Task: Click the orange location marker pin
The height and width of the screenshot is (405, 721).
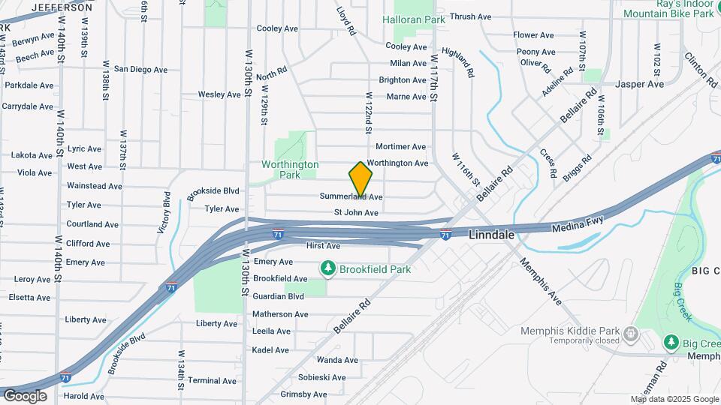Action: click(361, 179)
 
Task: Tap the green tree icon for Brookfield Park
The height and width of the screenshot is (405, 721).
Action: click(327, 268)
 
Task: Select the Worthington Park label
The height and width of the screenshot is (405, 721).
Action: click(290, 169)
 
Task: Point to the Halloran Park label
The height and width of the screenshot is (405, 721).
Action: click(414, 19)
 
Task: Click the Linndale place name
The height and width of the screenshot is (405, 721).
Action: click(491, 235)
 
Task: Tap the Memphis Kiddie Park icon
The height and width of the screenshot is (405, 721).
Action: click(631, 332)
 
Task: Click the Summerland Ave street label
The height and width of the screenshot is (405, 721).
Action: click(351, 196)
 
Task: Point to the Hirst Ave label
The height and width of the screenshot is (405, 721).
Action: click(323, 245)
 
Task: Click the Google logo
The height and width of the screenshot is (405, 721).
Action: click(25, 395)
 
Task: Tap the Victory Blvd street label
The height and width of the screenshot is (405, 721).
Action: click(164, 214)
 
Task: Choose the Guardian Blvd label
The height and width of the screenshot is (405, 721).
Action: click(279, 296)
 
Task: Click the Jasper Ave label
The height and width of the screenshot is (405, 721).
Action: click(639, 84)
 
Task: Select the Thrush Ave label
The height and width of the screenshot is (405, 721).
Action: click(470, 16)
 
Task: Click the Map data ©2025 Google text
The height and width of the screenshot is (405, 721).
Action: click(674, 399)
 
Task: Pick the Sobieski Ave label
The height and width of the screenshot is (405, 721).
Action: click(322, 377)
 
